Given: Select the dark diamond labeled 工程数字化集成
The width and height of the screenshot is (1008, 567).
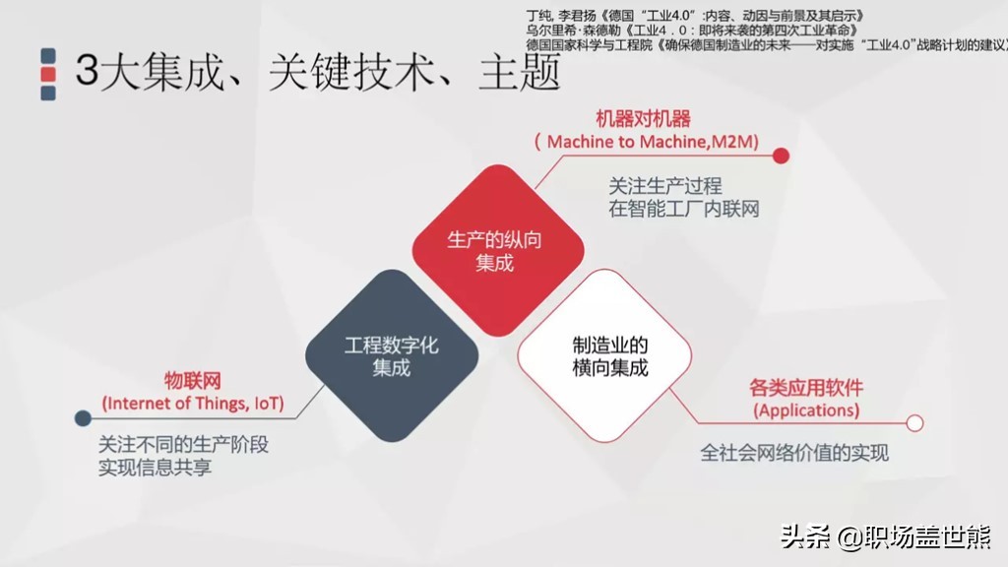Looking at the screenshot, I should (391, 356).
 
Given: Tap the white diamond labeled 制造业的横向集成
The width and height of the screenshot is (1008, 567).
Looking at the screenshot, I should (603, 356).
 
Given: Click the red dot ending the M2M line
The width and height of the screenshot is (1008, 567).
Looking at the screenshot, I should (781, 156).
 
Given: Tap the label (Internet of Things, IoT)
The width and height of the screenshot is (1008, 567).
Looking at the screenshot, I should (193, 403).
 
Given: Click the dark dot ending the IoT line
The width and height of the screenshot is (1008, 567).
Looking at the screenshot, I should (83, 417).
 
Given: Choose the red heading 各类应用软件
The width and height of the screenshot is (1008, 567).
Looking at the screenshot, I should (806, 387).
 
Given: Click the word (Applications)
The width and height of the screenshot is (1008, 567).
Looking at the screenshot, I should (805, 409).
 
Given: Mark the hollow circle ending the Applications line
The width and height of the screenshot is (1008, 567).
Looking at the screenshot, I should (914, 423).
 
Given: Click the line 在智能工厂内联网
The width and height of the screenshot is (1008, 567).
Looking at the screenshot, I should (684, 209).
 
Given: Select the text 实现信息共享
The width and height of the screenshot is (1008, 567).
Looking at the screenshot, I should (155, 468).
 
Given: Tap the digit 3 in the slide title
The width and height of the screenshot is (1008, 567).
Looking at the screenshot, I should (87, 73).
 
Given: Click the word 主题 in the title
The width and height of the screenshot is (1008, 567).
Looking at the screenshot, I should (519, 73).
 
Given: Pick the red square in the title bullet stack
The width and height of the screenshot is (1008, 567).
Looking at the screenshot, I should (48, 74).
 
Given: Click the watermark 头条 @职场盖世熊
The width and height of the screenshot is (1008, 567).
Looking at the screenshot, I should (885, 537).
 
